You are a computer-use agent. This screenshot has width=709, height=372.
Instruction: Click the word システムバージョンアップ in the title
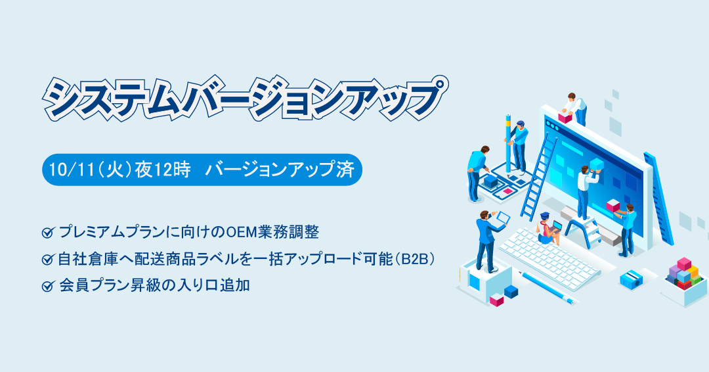[244, 98]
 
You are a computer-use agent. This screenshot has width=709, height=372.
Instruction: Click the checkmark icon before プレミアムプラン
[47, 233]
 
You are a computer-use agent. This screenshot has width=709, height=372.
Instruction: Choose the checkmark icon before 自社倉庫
[47, 260]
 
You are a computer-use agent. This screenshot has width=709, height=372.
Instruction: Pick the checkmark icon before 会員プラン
[47, 286]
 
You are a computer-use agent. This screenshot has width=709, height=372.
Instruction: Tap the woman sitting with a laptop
[548, 229]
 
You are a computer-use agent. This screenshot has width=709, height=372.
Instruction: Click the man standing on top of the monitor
[574, 108]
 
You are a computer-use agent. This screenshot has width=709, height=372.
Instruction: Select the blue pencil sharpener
[632, 280]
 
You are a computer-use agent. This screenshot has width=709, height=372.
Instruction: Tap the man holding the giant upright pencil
[518, 145]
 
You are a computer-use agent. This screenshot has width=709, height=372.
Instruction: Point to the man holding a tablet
[489, 240]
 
